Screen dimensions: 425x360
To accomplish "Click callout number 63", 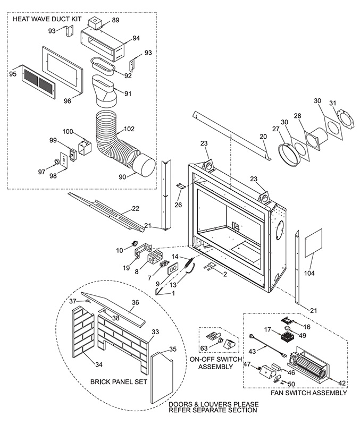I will (204, 348).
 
